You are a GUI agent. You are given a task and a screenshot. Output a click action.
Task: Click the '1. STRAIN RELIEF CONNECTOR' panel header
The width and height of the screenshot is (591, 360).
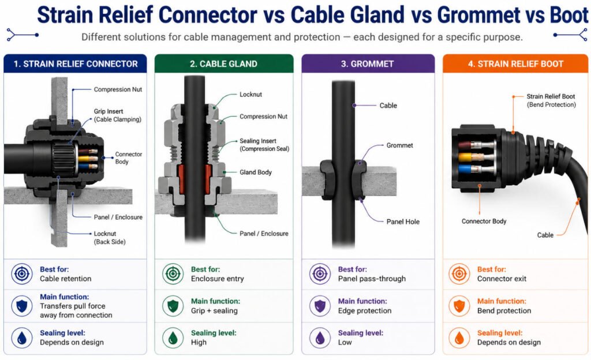click(x=75, y=63)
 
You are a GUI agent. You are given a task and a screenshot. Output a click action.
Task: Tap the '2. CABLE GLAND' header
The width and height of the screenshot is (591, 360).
click(x=224, y=63)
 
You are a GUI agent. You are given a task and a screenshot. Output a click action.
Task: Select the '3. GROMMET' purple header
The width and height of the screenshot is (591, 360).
click(x=368, y=63)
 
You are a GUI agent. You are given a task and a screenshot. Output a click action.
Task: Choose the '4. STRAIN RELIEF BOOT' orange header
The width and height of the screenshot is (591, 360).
click(x=515, y=63)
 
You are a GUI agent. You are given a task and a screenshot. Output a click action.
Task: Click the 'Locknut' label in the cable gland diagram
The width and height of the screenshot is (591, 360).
click(x=250, y=95)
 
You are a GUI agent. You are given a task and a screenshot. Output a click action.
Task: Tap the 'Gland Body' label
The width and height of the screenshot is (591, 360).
click(x=256, y=172)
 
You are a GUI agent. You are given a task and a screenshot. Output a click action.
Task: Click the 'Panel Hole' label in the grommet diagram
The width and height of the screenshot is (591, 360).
click(x=403, y=222)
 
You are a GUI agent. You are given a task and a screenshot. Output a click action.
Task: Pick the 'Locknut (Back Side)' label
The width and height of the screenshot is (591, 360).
click(x=110, y=238)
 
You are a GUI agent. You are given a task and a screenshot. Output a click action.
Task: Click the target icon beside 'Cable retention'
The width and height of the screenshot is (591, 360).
click(x=22, y=274)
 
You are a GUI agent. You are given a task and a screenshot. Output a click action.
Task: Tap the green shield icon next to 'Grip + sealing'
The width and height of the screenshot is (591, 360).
click(x=173, y=306)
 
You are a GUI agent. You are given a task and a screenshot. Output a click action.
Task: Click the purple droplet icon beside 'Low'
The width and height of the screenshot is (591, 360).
click(x=320, y=337)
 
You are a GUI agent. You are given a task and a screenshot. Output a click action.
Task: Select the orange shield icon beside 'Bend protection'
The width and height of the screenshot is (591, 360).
click(x=459, y=306)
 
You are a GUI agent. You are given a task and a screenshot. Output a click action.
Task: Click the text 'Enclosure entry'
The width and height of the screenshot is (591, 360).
click(x=218, y=279)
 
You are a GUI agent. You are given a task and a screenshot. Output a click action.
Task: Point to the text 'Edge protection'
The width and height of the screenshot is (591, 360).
click(x=365, y=310)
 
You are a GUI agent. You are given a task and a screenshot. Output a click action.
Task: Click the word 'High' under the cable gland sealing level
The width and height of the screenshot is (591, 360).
click(x=199, y=342)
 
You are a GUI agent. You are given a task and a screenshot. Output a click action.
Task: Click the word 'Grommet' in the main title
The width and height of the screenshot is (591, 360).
click(x=477, y=15)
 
